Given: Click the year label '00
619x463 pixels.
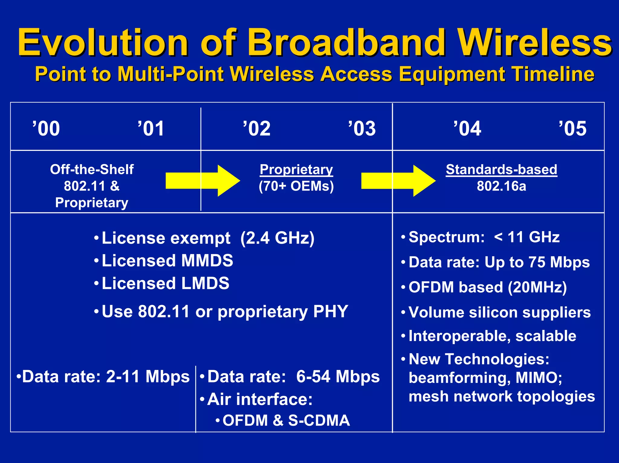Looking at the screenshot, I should click(46, 129).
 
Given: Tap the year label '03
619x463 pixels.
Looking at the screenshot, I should click(362, 129).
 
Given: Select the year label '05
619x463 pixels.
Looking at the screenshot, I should click(572, 129).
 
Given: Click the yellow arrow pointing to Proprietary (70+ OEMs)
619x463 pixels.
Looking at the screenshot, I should click(203, 181).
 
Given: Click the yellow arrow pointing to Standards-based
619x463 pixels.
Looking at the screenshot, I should click(398, 181).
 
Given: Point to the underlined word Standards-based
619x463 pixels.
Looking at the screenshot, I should click(501, 170).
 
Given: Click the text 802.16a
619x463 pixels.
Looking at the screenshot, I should click(501, 186).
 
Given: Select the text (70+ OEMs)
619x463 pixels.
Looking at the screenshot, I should click(296, 186).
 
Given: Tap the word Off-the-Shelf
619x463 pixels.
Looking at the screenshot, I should click(92, 170).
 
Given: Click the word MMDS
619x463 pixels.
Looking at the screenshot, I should click(207, 260).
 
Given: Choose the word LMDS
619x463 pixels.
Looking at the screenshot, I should click(205, 283).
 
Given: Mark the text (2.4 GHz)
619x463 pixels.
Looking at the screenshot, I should click(277, 238).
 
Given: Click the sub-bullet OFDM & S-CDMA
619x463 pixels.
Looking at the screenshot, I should click(286, 420).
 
